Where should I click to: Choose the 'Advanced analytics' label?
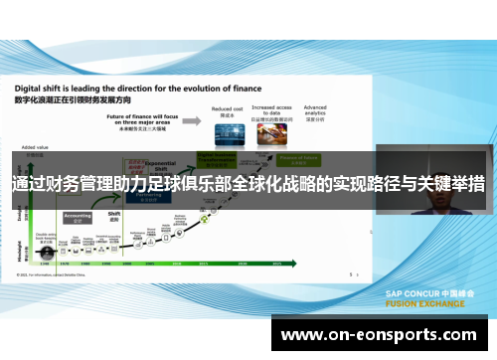point(315,109)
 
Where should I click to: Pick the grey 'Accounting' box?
point(78,217)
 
